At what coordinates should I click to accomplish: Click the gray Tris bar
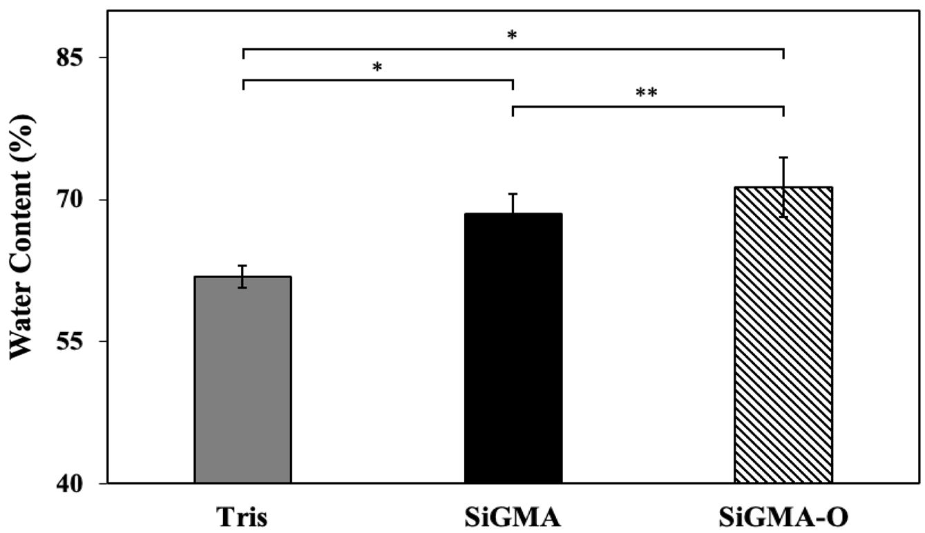click(242, 380)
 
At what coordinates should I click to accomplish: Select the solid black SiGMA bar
click(513, 349)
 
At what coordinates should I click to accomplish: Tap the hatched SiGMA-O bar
click(783, 335)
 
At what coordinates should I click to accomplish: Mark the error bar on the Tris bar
click(242, 276)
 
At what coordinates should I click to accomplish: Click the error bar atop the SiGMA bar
click(513, 204)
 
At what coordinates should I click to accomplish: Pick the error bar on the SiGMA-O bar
click(783, 186)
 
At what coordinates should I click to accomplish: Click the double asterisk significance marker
click(647, 93)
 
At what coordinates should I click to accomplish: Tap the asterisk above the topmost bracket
click(512, 35)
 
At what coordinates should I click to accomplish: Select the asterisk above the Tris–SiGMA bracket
click(377, 67)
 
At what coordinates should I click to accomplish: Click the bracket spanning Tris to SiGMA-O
click(513, 49)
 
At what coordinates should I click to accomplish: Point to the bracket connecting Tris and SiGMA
click(377, 80)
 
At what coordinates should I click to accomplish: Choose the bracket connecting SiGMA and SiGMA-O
click(647, 107)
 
